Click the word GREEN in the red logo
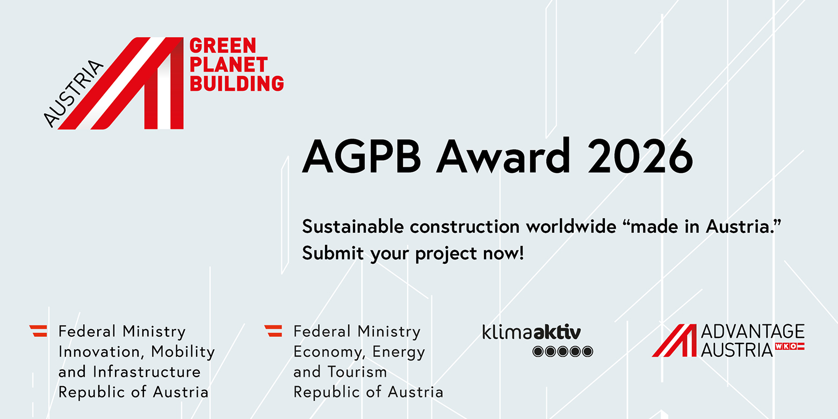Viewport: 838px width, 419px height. pyautogui.click(x=223, y=46)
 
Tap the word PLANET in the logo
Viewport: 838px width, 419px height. pyautogui.click(x=229, y=64)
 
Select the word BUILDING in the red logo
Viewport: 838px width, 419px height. pyautogui.click(x=237, y=83)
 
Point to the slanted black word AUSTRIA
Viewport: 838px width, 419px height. pyautogui.click(x=73, y=93)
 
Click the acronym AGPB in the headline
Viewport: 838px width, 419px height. pyautogui.click(x=362, y=156)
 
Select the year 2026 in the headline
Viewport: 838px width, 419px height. pyautogui.click(x=640, y=156)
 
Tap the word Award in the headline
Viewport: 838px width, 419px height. pyautogui.click(x=503, y=156)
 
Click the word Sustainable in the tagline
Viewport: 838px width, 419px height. pyautogui.click(x=353, y=227)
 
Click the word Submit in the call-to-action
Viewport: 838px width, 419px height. pyautogui.click(x=333, y=253)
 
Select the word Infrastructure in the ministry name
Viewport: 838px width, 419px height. pyautogui.click(x=147, y=372)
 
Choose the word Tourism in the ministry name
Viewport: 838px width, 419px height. pyautogui.click(x=357, y=372)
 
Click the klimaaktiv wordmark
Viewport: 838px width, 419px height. pyautogui.click(x=532, y=332)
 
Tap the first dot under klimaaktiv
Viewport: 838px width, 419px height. pyautogui.click(x=538, y=352)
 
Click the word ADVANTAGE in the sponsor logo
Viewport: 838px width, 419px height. pyautogui.click(x=753, y=331)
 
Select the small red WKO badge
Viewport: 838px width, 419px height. pyautogui.click(x=789, y=346)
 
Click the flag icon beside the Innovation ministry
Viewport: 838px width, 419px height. pyautogui.click(x=39, y=331)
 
